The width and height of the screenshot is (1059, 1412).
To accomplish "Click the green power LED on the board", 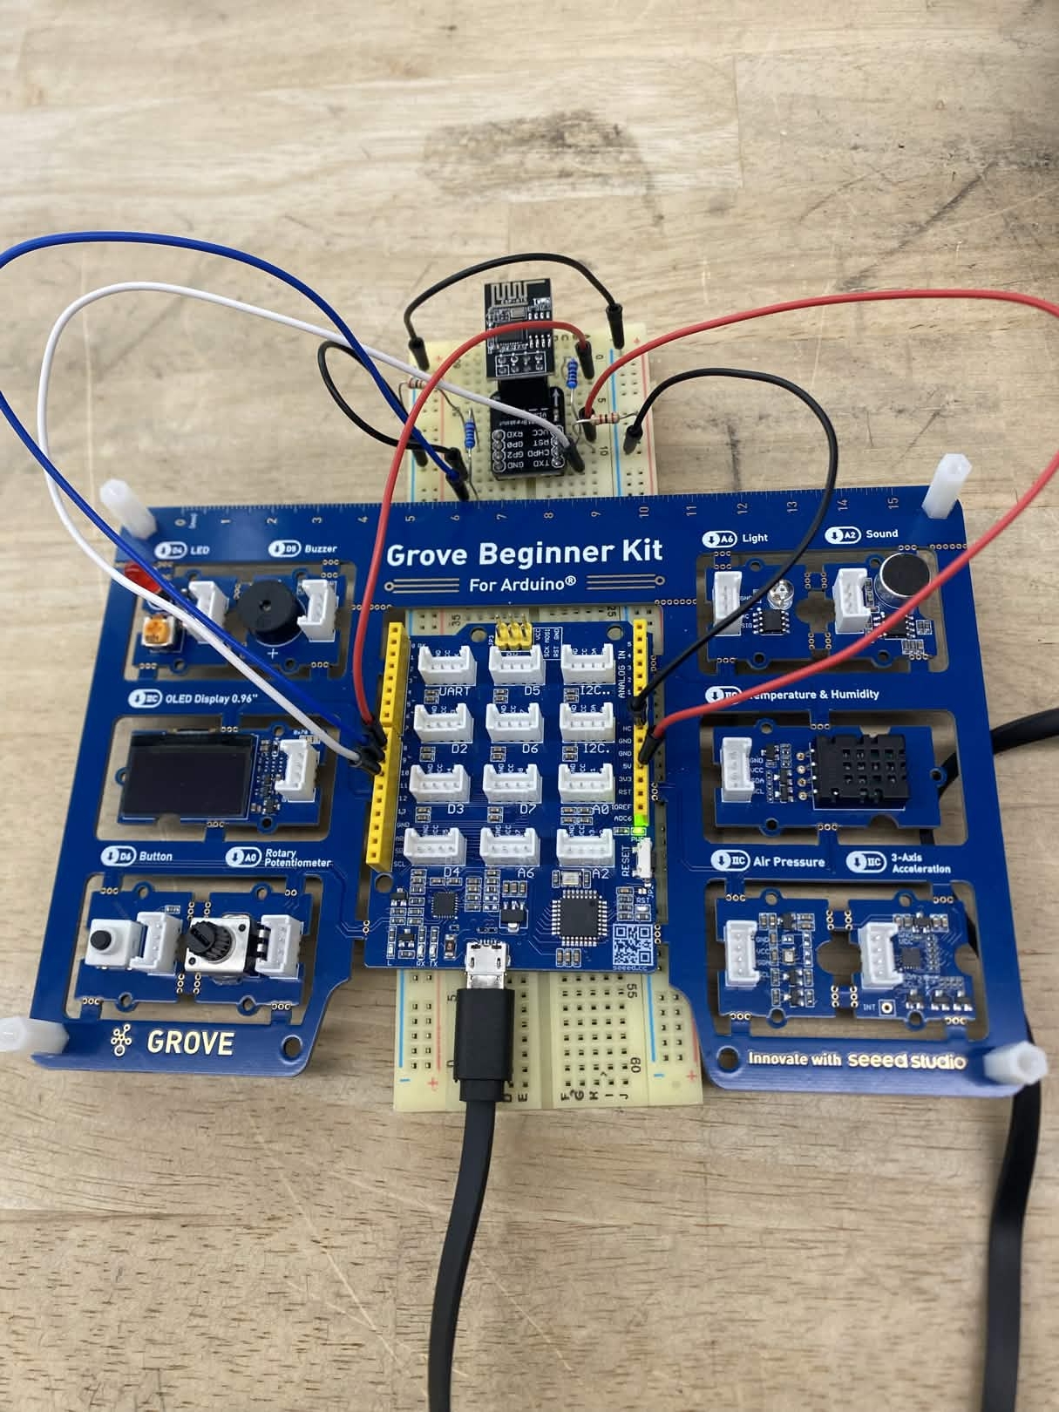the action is [x=642, y=821].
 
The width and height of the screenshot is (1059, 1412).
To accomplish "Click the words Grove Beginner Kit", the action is [x=524, y=553].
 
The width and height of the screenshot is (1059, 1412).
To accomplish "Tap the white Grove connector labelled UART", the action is [x=447, y=665].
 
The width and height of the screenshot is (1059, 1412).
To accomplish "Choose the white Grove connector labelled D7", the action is [x=513, y=784].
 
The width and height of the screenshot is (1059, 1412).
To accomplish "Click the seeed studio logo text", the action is [x=906, y=1060].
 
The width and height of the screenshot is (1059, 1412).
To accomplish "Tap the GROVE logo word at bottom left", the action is [x=189, y=1042].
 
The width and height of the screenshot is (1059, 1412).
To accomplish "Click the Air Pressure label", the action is [x=788, y=861].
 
